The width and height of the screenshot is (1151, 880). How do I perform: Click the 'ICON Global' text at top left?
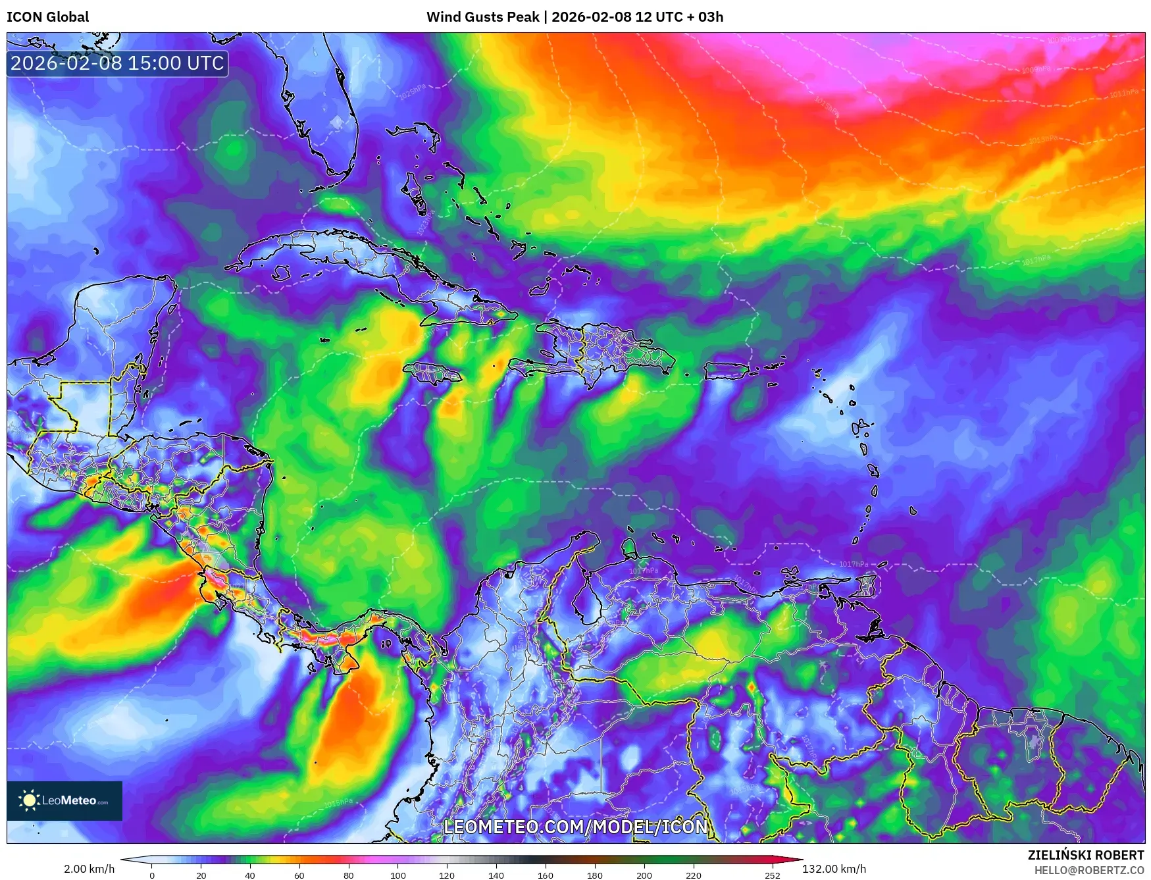pyautogui.click(x=47, y=17)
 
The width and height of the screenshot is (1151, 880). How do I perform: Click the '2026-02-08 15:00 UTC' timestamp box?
pyautogui.click(x=117, y=63)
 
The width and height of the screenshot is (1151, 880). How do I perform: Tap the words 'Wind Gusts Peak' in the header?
pyautogui.click(x=482, y=17)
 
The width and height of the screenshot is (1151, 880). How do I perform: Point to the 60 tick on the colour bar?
pyautogui.click(x=299, y=875)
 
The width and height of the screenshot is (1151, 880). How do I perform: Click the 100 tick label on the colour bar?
pyautogui.click(x=397, y=875)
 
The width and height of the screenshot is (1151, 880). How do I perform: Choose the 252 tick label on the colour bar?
pyautogui.click(x=773, y=875)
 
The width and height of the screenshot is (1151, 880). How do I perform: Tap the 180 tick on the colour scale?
pyautogui.click(x=595, y=875)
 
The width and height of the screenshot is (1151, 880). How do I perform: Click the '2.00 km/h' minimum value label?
pyautogui.click(x=89, y=869)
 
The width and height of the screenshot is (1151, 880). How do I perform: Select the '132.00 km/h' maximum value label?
pyautogui.click(x=834, y=869)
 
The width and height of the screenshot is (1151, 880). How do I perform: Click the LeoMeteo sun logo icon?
pyautogui.click(x=29, y=800)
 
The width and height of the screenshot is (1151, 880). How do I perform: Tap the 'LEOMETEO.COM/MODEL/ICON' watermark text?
pyautogui.click(x=576, y=827)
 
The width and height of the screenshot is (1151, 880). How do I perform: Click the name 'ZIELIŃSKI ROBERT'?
pyautogui.click(x=1086, y=855)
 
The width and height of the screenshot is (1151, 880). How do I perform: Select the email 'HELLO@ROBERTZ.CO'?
pyautogui.click(x=1088, y=870)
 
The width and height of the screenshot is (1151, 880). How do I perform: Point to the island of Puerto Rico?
pyautogui.click(x=726, y=371)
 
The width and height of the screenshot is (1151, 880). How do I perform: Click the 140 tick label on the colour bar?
pyautogui.click(x=496, y=875)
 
